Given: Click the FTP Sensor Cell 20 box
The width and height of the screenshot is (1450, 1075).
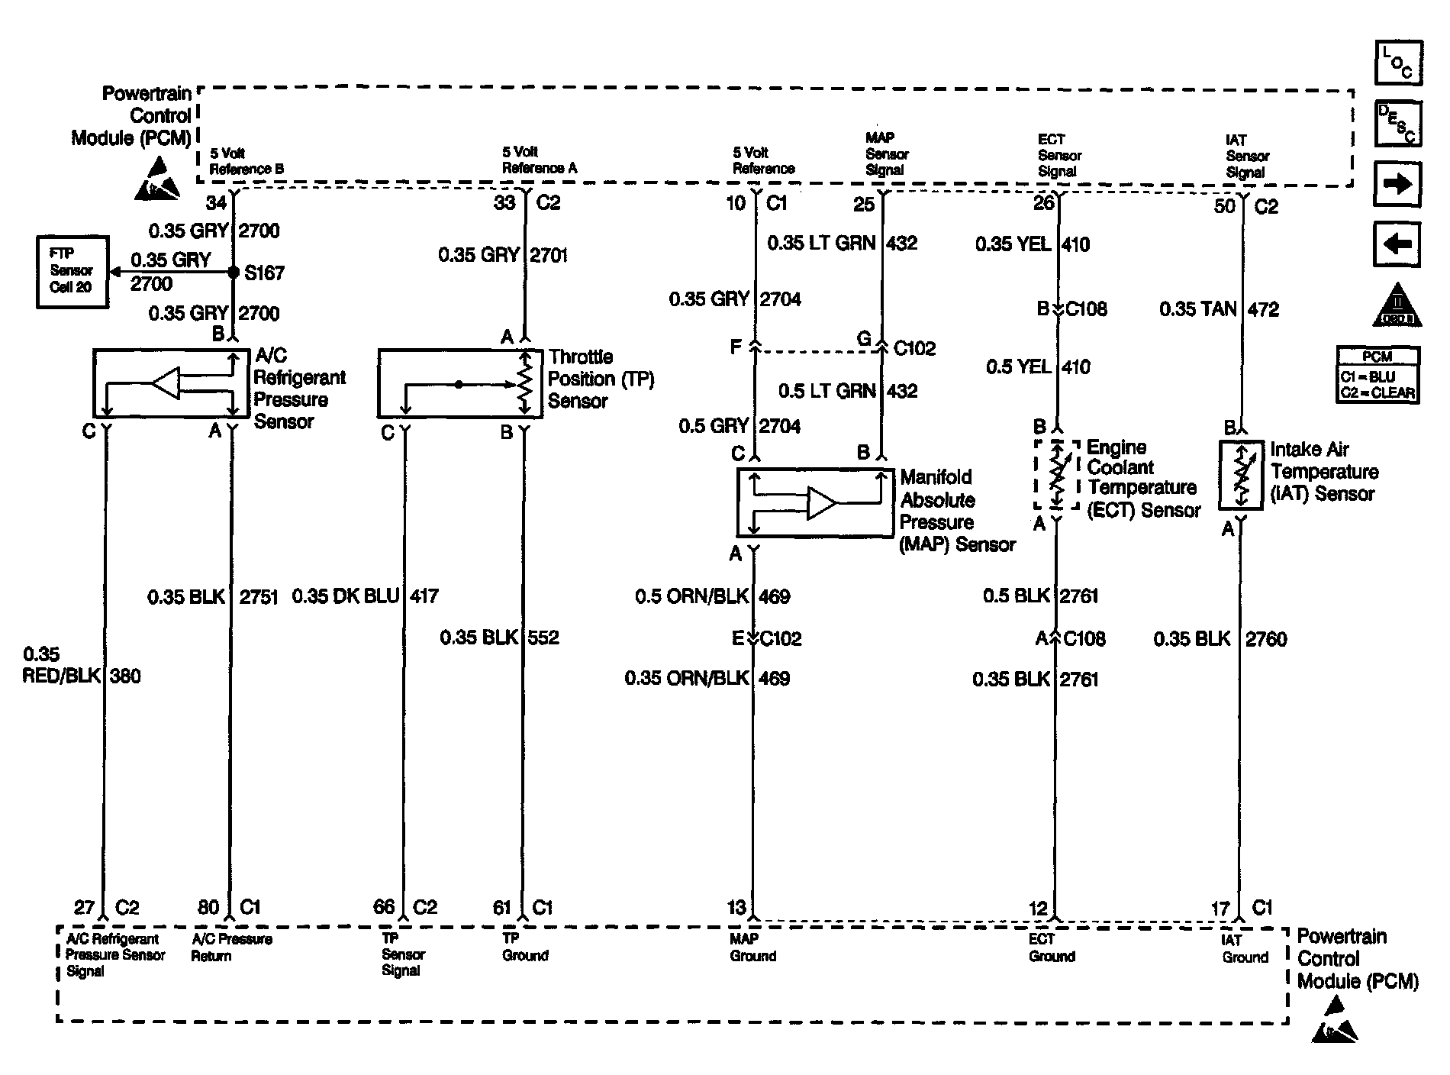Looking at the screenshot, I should pos(72,272).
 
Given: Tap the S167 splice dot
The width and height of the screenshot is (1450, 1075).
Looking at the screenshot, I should pos(234,273).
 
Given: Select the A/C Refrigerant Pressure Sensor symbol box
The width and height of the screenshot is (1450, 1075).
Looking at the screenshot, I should pos(171,383).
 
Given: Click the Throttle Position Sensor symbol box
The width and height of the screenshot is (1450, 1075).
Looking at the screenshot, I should pos(460,383).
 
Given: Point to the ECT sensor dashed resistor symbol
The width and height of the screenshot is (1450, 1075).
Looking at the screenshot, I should pos(1057,474).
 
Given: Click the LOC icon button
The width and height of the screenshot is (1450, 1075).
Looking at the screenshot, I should pos(1398,63).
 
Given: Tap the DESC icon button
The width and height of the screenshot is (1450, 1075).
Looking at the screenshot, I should pos(1398,123).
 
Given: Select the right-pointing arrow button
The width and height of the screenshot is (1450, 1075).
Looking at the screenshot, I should pos(1398,184).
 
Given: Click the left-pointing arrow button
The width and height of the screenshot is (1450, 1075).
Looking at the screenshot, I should pos(1398,244).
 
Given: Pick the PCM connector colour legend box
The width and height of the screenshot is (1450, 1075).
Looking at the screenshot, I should pos(1377,375).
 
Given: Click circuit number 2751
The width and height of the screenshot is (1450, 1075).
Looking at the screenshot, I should pos(259,597).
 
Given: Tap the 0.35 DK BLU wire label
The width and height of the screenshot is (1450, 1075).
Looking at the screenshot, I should pos(346,596).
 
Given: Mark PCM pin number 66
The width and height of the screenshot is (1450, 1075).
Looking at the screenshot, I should pos(384,906).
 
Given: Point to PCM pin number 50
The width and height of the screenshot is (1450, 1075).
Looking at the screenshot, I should pos(1225,206).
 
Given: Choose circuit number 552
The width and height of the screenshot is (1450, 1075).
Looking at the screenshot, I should pos(543,638).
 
